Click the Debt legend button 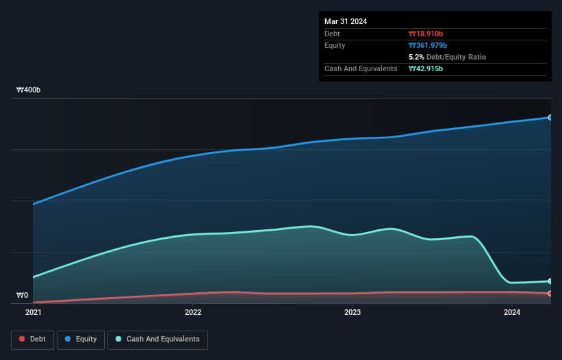tap(31, 339)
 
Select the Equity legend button tap(80, 339)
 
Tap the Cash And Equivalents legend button tap(157, 339)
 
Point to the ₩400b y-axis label tap(29, 90)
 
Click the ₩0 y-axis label tap(22, 296)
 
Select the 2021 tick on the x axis tap(33, 313)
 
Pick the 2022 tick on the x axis tap(193, 313)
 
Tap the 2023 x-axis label tap(353, 313)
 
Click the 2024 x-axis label tap(512, 313)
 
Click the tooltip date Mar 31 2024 tap(346, 21)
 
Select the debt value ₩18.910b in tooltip tap(426, 34)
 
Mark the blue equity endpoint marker tap(550, 118)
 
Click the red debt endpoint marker tap(550, 294)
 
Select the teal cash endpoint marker tap(550, 281)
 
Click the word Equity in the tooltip tap(335, 45)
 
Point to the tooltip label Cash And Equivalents tap(361, 68)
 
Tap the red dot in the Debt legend tap(23, 339)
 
